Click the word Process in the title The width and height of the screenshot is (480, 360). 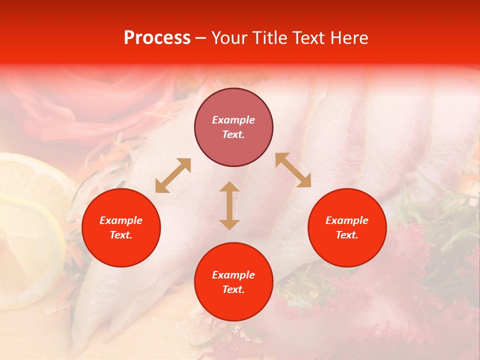[x=157, y=38]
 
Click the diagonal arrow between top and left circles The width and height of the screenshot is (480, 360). [x=173, y=175]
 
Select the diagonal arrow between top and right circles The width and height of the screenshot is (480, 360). [x=293, y=170]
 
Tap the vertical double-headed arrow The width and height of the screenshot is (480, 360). [x=229, y=205]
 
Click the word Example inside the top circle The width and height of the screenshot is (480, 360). [x=233, y=120]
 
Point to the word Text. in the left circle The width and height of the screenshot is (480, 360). [x=121, y=235]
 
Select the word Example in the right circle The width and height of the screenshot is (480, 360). [x=347, y=220]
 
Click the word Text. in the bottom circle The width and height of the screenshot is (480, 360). [x=233, y=289]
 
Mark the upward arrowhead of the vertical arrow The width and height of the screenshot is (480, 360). [x=229, y=186]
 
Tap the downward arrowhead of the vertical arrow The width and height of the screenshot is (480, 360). [x=229, y=224]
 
